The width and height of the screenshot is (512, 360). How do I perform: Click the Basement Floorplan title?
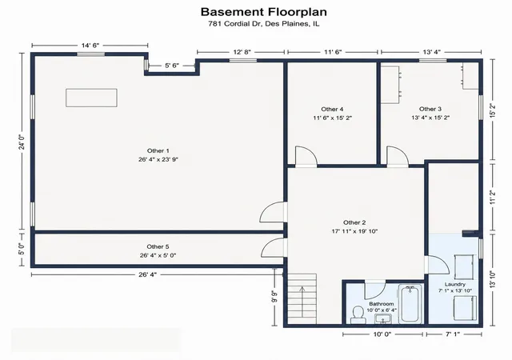(263, 12)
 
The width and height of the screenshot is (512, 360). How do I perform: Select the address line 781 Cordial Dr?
(263, 24)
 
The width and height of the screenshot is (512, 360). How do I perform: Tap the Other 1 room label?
(158, 151)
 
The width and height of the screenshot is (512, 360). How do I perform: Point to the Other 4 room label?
(332, 109)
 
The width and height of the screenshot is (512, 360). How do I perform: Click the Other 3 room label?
(430, 109)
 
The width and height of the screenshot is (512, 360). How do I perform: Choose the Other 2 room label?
(354, 222)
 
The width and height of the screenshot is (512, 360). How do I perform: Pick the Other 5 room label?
(158, 246)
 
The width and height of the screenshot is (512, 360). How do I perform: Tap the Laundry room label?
(455, 285)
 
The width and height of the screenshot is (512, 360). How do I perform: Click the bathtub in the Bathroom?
(410, 304)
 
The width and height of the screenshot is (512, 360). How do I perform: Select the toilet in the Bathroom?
(358, 314)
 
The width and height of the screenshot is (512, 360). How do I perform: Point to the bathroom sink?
(383, 318)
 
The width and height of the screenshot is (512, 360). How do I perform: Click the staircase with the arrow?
(302, 298)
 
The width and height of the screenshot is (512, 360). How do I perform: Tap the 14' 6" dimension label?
(90, 46)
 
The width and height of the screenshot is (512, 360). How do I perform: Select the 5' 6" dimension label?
(172, 66)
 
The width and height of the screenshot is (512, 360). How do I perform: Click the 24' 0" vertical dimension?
(22, 142)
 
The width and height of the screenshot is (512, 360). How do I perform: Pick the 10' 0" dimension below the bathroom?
(382, 334)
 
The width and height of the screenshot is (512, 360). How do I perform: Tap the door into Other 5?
(274, 248)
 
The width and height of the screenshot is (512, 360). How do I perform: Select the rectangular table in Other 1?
(91, 98)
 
